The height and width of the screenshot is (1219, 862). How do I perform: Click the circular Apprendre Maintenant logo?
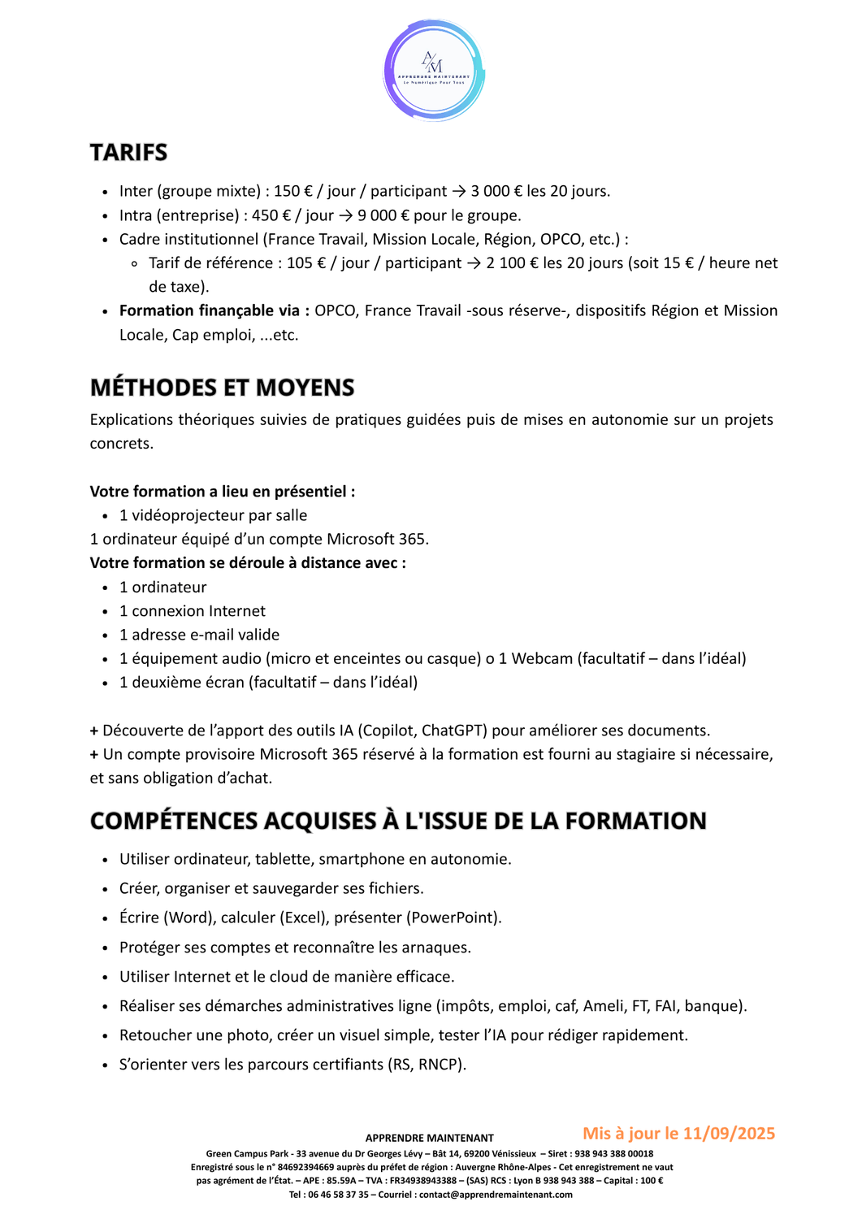click(434, 71)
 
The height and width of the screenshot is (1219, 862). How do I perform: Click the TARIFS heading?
click(128, 153)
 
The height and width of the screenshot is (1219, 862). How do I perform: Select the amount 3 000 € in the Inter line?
click(496, 191)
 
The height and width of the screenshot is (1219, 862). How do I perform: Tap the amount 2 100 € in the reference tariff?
click(513, 263)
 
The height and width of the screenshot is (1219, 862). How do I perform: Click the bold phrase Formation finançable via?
click(214, 310)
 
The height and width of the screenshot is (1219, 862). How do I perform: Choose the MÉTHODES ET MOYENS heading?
click(222, 388)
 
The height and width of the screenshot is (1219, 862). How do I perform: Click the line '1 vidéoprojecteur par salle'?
click(213, 515)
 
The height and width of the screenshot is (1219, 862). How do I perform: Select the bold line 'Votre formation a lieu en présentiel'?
click(222, 492)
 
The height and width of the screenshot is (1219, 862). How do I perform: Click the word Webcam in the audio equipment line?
click(542, 658)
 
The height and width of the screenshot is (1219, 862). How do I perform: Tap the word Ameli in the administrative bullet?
click(604, 1006)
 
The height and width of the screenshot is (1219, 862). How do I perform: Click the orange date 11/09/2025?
click(729, 1134)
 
